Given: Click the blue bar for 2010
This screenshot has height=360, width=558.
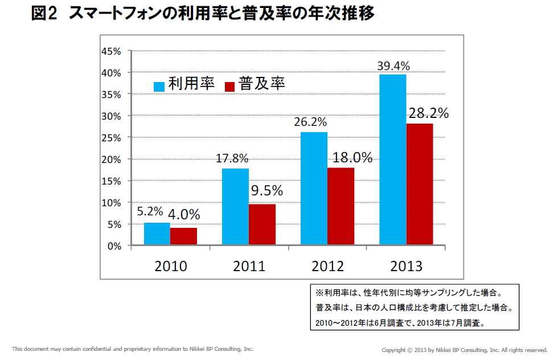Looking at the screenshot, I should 157,234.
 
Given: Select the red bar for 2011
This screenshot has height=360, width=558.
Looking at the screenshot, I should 262,224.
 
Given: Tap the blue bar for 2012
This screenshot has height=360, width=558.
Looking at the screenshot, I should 314,189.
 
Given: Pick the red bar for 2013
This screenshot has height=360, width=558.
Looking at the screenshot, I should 419,184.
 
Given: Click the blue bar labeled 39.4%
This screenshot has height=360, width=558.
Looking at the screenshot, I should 392,160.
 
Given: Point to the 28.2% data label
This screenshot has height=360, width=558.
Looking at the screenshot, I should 428,113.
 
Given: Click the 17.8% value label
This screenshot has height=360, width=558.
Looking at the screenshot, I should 232,159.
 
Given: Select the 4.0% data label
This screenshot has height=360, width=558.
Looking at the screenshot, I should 183,215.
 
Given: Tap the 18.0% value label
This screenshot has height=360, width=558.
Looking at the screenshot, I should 350,158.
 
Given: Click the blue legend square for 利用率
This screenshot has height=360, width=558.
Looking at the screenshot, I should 159,86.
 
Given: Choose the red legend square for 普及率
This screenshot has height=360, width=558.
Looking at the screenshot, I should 230,86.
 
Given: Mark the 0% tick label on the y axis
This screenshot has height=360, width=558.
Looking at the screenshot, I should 113,246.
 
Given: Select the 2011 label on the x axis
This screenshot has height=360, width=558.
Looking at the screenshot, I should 249,266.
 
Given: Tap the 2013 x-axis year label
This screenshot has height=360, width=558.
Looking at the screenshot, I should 406,266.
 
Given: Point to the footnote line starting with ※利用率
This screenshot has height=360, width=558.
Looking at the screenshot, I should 408,293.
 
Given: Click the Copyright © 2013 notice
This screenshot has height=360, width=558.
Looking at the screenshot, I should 464,349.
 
